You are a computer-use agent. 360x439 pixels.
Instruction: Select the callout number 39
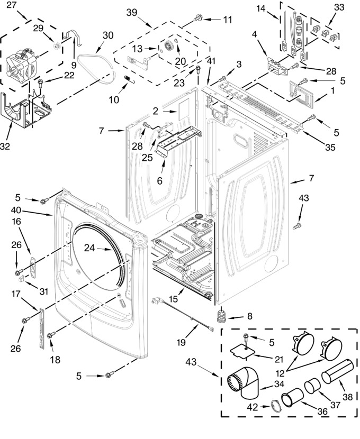[x=132, y=13]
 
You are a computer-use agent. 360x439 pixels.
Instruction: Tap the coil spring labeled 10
[x=129, y=79]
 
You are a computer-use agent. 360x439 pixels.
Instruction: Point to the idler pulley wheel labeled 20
[x=170, y=45]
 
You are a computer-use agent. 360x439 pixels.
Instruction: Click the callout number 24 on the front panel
[x=89, y=248]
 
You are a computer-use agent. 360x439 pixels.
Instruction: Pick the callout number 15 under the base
[x=173, y=299]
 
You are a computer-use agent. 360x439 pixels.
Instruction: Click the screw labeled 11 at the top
[x=198, y=17]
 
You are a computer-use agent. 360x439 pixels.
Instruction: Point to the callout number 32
[x=5, y=146]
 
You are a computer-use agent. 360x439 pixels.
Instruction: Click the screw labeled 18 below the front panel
[x=51, y=335]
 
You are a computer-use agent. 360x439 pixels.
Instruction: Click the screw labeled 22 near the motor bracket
[x=40, y=82]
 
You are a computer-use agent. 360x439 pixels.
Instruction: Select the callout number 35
[x=330, y=147]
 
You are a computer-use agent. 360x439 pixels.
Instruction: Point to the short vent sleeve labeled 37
[x=312, y=386]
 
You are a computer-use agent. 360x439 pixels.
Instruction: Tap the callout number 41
[x=211, y=61]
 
